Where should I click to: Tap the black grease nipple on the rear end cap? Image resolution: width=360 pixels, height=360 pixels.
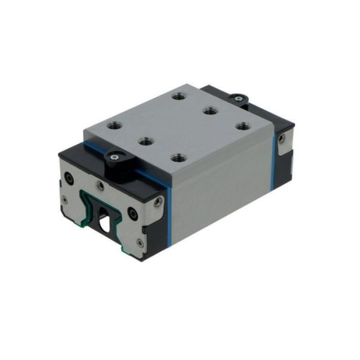(x=238, y=98)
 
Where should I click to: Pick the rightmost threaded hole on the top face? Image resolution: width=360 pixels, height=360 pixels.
(x=242, y=127)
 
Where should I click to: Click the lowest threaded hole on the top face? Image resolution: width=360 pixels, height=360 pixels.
(x=176, y=158)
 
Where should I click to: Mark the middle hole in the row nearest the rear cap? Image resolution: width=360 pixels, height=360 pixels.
(x=209, y=110)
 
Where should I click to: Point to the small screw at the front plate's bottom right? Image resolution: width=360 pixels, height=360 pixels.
(x=139, y=242)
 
